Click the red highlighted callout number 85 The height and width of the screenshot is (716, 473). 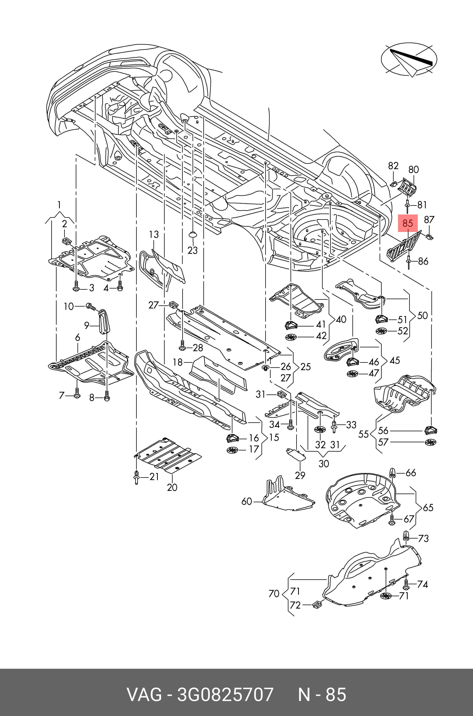407,223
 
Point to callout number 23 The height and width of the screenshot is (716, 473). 193,250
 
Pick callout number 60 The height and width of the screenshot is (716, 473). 246,501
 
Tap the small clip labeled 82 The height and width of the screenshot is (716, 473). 393,184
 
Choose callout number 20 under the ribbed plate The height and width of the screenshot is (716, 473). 172,487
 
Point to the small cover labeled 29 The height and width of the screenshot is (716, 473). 295,454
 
